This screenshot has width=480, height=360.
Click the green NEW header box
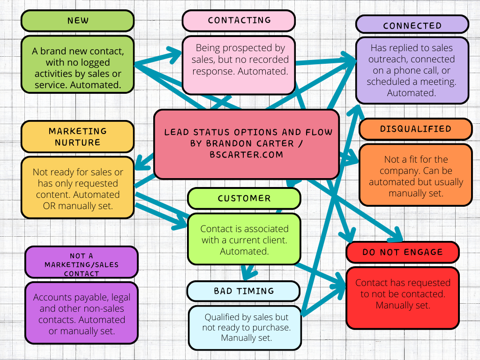(77, 21)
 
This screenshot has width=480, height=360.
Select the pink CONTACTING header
(239, 21)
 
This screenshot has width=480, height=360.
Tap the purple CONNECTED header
(412, 25)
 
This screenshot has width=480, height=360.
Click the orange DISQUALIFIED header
(415, 129)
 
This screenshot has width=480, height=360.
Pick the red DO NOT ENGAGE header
(402, 252)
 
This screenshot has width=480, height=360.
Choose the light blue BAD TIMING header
(243, 291)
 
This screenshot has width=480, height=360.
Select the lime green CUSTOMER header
(244, 198)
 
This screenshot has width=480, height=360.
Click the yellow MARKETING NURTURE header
(77, 136)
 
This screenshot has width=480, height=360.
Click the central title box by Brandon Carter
(247, 144)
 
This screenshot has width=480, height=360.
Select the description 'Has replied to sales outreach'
(412, 70)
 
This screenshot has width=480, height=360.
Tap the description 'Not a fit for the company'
(415, 176)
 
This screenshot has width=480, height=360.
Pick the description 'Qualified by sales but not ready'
(244, 327)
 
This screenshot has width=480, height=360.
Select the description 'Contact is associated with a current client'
(244, 240)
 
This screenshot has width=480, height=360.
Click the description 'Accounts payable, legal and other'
(81, 314)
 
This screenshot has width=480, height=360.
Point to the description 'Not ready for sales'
(77, 188)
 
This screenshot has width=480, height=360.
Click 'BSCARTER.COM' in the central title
(247, 155)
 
